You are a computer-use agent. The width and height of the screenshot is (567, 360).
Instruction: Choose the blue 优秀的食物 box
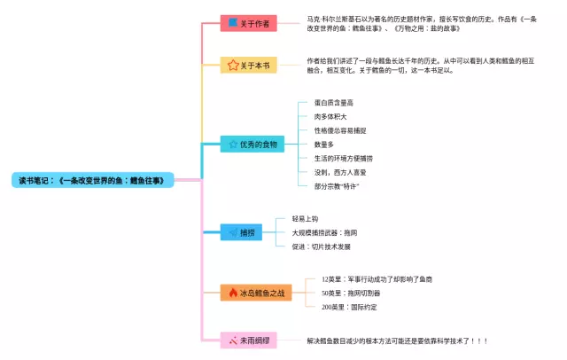click(252, 144)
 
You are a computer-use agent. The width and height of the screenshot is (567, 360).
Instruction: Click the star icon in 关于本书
click(232, 65)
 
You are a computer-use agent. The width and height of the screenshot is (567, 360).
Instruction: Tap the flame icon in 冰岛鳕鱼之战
click(232, 292)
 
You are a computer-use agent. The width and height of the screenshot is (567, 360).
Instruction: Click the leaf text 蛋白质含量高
click(334, 103)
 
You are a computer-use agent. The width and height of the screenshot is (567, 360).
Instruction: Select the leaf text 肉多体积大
click(330, 116)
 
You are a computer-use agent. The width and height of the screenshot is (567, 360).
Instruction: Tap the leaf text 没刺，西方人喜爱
click(340, 171)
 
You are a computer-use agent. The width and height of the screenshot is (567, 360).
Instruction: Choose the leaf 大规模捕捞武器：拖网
click(324, 232)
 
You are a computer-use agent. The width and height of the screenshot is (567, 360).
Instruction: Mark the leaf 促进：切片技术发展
click(321, 247)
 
